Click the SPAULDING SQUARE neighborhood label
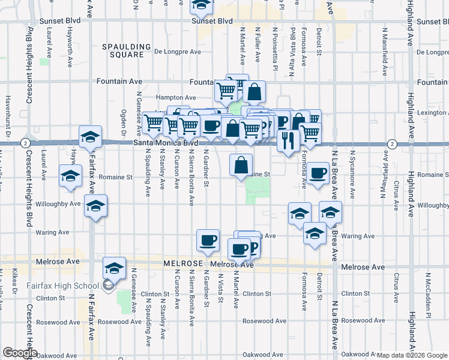point(126,50)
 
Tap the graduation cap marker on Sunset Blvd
point(202,5)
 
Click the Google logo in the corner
point(19,353)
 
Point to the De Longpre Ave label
point(177,52)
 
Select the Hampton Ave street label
point(176,97)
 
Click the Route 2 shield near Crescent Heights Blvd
point(25,143)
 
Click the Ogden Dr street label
point(124,119)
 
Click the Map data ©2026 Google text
point(412,355)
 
